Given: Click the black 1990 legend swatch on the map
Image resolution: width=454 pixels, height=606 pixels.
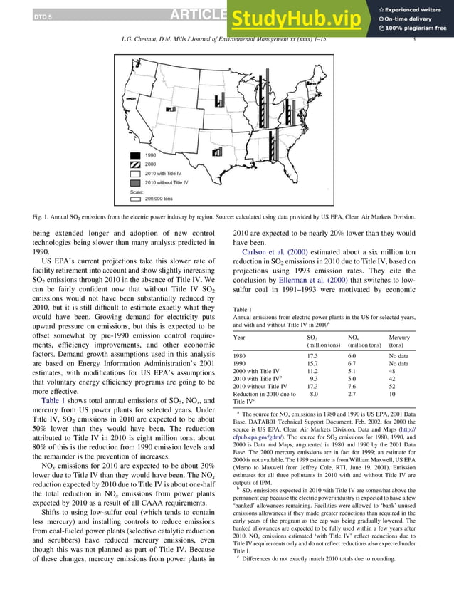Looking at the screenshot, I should click(134, 155).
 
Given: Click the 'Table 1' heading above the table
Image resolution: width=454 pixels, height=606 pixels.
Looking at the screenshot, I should click(243, 309).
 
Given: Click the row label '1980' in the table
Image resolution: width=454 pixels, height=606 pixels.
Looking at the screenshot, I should click(240, 355).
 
